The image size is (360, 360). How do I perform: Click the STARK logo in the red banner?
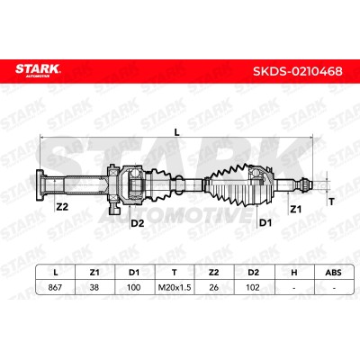pos(38,70)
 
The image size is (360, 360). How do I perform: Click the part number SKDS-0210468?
pos(298,71)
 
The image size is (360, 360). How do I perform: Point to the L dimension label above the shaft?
pos(177,131)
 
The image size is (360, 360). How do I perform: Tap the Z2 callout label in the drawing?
pos(62,207)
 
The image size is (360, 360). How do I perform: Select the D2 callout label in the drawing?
pos(138,223)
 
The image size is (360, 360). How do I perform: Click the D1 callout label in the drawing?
pos(265,222)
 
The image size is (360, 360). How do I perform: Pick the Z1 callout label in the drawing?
pos(295,209)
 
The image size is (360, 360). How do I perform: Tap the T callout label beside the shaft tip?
pos(331,202)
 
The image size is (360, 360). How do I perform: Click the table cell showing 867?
pos(55,287)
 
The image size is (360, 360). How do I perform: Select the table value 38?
pos(94,287)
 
